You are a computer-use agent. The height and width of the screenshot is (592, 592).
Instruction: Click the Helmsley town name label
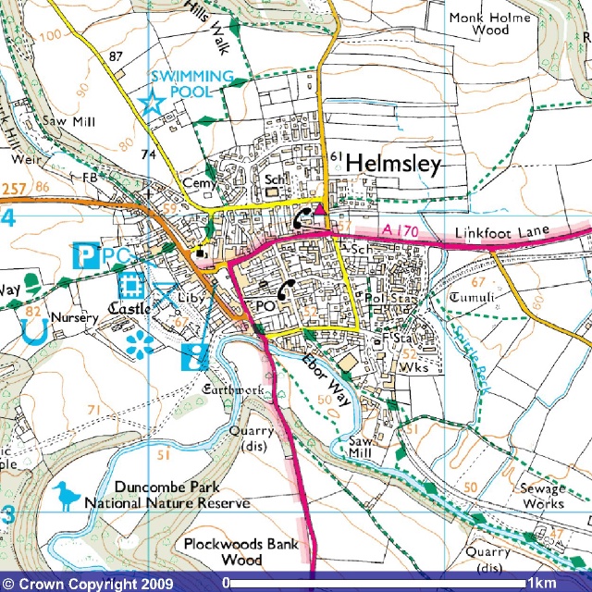coord(393,165)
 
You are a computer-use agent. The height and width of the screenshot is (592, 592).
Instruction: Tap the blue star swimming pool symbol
coord(150,104)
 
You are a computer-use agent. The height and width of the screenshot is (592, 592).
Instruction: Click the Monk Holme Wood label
coord(490,24)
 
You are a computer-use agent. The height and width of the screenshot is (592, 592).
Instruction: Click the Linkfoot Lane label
coord(503,230)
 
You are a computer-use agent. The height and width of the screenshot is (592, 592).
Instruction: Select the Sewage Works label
coord(541,497)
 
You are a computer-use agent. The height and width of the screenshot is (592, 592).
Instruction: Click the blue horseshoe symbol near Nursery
coord(36,327)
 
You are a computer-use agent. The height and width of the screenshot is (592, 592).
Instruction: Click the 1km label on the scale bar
coord(542,584)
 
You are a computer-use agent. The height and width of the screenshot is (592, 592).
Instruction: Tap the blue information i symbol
coord(195,356)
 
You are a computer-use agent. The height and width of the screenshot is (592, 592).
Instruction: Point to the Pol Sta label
coord(387,300)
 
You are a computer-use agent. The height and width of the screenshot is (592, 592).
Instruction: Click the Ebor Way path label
coord(327,380)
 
